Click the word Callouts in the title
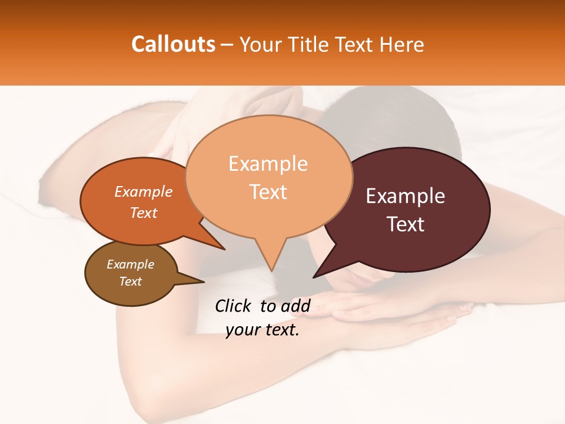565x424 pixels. pos(173,44)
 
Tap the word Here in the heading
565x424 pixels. pos(403,45)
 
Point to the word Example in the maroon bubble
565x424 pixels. pos(406,196)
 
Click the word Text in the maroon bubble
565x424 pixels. pos(406,224)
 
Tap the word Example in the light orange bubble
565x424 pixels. pos(268,164)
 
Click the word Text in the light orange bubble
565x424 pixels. pos(268,192)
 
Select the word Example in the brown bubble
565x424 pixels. pos(130,264)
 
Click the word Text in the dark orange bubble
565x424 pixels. pos(144,213)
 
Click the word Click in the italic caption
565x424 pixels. pos(234,306)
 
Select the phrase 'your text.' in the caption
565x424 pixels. pos(262,330)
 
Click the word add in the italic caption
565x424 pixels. pos(296,306)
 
